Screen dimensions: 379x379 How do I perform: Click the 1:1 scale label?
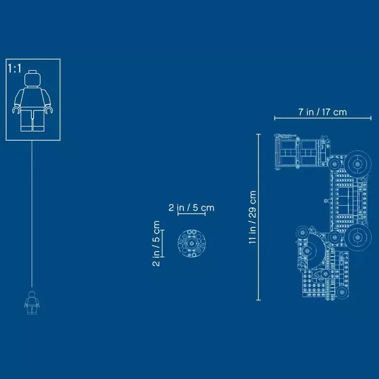[x=15, y=68]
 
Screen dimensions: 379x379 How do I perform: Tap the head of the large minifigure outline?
[x=33, y=79]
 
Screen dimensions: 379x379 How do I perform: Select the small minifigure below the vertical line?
[x=32, y=303]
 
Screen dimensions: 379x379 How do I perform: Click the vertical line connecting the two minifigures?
[x=32, y=213]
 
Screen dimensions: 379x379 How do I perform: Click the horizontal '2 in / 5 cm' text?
[x=191, y=208]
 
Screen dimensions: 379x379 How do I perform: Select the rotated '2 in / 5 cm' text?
[x=157, y=243]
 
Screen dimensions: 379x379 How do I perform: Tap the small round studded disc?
[x=191, y=243]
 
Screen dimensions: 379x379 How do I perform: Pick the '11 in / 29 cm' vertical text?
[x=253, y=217]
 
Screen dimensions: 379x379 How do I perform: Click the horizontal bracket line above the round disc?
[x=191, y=215]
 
